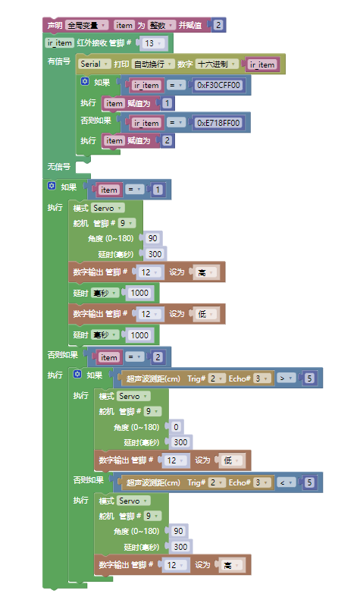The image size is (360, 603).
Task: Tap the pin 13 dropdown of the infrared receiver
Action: click(x=154, y=43)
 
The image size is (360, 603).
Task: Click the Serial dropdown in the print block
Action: click(x=95, y=64)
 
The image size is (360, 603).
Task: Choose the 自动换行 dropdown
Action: click(x=152, y=64)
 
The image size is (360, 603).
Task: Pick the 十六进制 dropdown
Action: click(x=217, y=64)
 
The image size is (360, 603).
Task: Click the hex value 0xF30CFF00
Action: click(x=218, y=85)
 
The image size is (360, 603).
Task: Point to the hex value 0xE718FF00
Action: click(x=218, y=123)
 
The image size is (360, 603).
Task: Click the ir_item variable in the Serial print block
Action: click(x=262, y=64)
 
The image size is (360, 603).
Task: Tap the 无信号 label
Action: click(x=59, y=167)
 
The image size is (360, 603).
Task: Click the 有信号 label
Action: click(x=59, y=61)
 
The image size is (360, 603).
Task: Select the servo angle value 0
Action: click(x=176, y=427)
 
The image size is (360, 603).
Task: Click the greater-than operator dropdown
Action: click(x=286, y=378)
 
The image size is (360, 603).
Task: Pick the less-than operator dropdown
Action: click(x=286, y=482)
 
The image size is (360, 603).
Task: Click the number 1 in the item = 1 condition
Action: click(x=158, y=190)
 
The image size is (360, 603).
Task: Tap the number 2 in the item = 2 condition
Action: click(x=158, y=357)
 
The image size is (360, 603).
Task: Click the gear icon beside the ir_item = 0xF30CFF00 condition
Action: click(x=85, y=81)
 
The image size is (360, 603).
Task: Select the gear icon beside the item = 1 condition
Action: click(x=52, y=186)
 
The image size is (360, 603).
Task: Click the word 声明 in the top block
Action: click(x=55, y=25)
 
